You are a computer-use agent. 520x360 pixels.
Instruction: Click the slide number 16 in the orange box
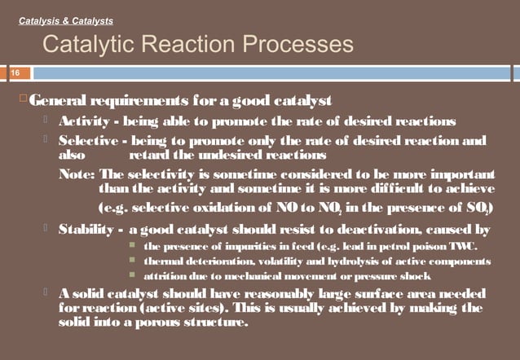coord(14,72)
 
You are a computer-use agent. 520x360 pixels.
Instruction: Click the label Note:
coord(77,175)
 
